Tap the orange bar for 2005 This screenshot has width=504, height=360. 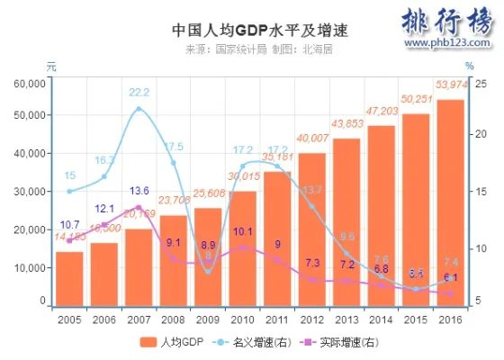click(x=69, y=279)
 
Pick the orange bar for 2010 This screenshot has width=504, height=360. click(x=242, y=248)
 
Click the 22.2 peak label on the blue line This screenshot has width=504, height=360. click(x=139, y=92)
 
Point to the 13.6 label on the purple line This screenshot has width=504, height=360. click(x=139, y=191)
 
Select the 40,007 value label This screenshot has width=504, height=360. click(x=312, y=138)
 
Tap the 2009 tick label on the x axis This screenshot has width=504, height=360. click(x=208, y=319)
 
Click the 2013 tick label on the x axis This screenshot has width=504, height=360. click(x=346, y=319)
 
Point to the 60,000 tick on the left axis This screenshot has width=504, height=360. click(x=30, y=83)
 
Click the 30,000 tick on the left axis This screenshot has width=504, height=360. click(x=30, y=192)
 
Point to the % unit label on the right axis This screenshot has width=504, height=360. click(x=469, y=66)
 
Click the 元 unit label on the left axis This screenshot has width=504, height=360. click(x=51, y=66)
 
